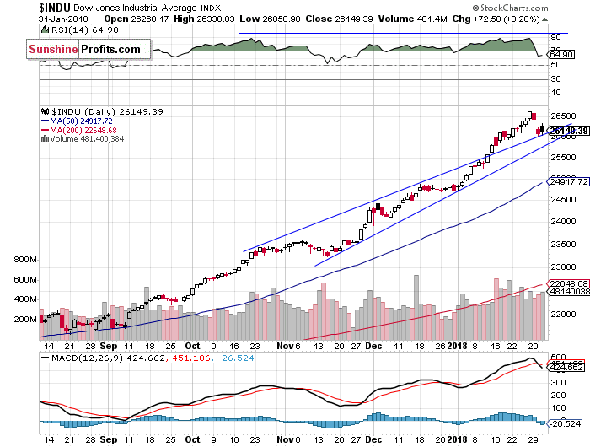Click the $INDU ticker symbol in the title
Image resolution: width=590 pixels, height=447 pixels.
click(58, 8)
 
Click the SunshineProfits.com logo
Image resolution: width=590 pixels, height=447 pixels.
click(84, 49)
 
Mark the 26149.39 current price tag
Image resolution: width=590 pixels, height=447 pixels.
click(566, 131)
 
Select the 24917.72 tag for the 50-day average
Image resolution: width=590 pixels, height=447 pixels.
click(566, 181)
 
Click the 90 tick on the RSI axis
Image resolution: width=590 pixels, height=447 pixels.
click(556, 37)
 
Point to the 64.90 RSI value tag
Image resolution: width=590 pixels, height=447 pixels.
click(560, 54)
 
